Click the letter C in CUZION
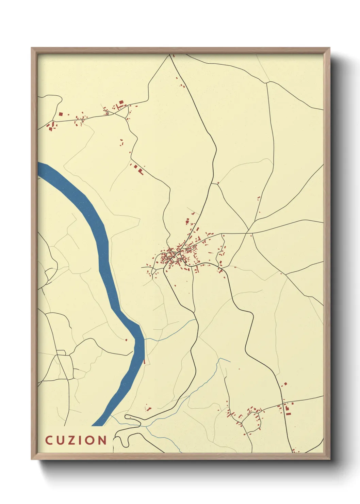(x=49, y=440)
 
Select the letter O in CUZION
(x=91, y=440)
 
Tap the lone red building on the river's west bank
(x=126, y=340)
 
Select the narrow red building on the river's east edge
(x=144, y=361)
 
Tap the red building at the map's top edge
(x=174, y=56)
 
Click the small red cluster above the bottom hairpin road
(x=148, y=408)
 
